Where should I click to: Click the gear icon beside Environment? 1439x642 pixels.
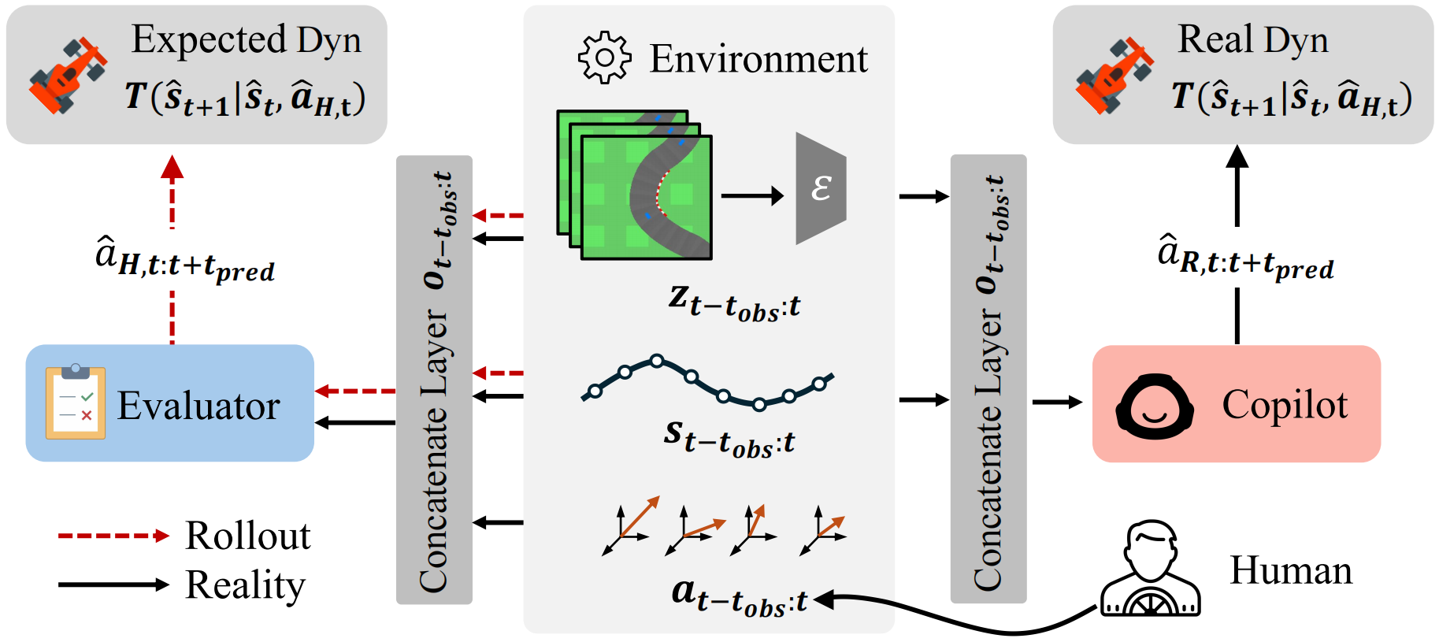[604, 58]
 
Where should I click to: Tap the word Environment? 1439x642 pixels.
[758, 59]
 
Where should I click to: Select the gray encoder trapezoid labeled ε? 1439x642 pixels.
[821, 188]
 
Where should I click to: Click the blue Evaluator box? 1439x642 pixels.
[169, 403]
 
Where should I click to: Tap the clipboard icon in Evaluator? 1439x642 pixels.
[76, 403]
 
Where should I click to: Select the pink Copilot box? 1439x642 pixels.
[1236, 403]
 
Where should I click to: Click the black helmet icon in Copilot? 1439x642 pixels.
[1154, 406]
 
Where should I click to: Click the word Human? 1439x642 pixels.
[1290, 570]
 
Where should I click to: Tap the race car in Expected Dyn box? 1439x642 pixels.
[67, 75]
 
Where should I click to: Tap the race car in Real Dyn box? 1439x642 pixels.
[1114, 75]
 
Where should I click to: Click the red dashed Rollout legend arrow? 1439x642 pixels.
[113, 536]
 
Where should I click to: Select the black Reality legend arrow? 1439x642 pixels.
[113, 584]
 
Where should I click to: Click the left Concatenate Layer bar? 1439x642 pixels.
[434, 380]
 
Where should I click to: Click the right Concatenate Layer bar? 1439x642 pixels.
[988, 380]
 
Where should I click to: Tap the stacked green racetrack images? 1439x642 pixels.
[635, 186]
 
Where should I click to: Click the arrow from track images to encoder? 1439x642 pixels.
[751, 195]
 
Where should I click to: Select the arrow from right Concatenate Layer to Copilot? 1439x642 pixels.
[1056, 403]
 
